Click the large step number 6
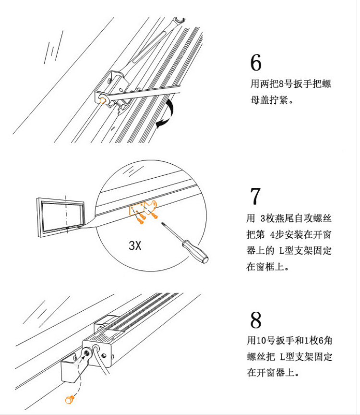[x=256, y=63]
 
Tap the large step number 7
[x=256, y=196]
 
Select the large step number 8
[x=256, y=319]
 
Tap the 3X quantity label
[x=135, y=246]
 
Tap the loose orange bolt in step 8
[x=69, y=398]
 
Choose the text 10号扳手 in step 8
[x=272, y=341]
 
